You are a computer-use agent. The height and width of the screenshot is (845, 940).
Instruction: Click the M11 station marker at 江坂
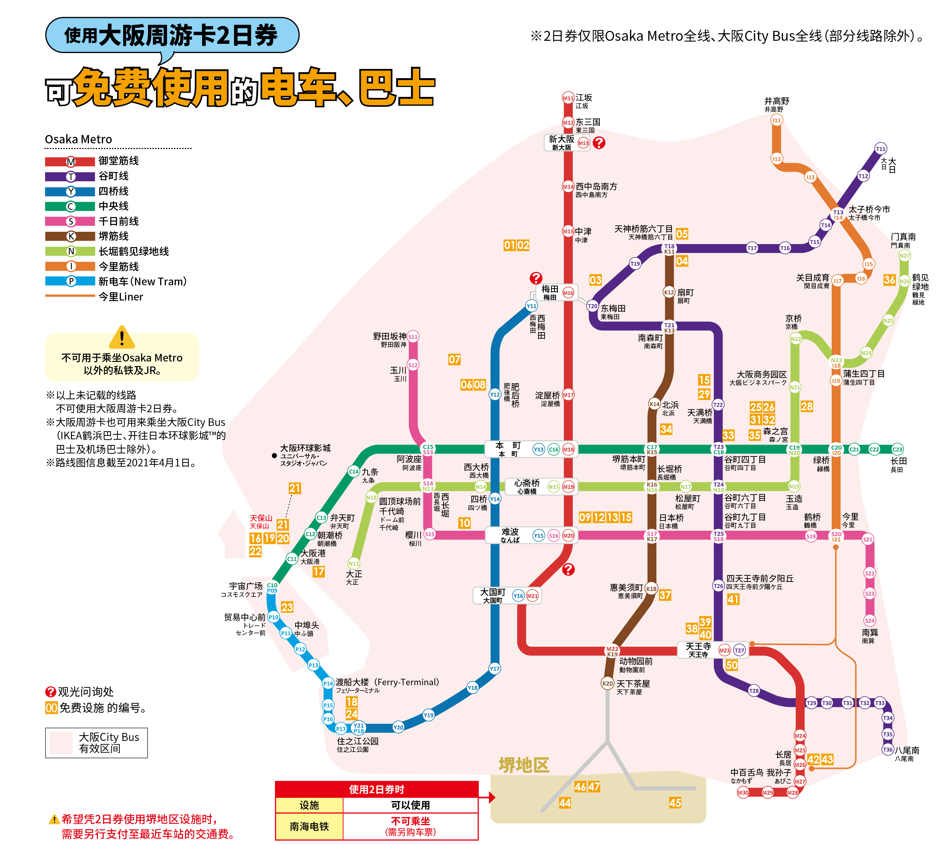click(x=568, y=98)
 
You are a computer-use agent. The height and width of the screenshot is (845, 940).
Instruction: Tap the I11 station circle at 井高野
click(x=777, y=120)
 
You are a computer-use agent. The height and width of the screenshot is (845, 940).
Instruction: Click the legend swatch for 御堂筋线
click(x=70, y=162)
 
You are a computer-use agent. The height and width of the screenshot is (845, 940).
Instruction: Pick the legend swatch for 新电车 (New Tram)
click(x=70, y=281)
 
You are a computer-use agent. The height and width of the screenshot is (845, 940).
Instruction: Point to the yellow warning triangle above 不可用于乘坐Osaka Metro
click(x=122, y=337)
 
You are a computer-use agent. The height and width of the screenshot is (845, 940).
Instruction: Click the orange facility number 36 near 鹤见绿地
click(x=889, y=280)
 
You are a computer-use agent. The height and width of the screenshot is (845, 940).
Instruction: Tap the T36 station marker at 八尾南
click(x=887, y=749)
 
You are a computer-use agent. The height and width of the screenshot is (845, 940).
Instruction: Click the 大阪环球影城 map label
click(x=305, y=448)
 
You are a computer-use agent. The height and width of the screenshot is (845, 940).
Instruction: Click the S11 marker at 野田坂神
click(x=413, y=337)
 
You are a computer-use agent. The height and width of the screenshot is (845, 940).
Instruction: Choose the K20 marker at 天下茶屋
click(x=607, y=683)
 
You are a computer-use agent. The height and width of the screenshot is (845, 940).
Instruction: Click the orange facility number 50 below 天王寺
click(x=731, y=665)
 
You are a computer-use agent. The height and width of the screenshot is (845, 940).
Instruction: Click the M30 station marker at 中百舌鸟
click(x=743, y=792)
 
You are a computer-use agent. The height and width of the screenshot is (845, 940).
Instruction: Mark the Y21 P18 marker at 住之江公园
click(x=358, y=728)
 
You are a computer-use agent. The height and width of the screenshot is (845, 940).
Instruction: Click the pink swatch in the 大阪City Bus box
click(x=61, y=742)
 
